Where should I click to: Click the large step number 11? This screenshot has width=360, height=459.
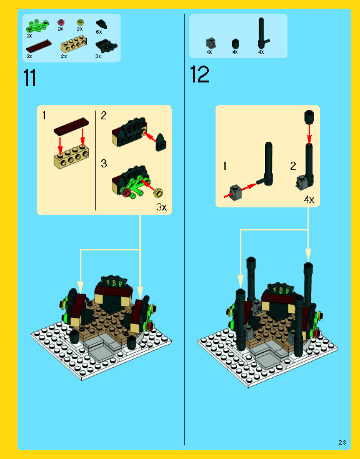pos(29,79)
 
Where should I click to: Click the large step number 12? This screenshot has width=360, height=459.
pos(199,75)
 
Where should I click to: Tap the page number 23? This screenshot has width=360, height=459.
pos(342,442)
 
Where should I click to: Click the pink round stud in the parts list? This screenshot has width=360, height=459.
pos(61,22)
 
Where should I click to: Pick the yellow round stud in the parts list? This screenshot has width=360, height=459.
pos(79,22)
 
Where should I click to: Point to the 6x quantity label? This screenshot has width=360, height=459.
pos(99,31)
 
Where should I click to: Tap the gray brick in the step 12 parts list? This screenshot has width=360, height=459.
pos(211,43)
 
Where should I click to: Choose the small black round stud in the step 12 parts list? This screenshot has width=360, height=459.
pos(235,43)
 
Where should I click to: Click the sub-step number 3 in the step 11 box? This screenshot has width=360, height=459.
pos(104,164)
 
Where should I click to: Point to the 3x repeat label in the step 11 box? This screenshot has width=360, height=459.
pos(161,207)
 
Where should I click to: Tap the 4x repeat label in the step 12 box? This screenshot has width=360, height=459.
pos(309,200)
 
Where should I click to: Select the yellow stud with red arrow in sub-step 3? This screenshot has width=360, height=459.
pos(159,192)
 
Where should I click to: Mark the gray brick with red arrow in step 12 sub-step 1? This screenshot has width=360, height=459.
pos(236,192)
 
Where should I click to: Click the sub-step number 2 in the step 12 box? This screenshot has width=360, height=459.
pos(292,166)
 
